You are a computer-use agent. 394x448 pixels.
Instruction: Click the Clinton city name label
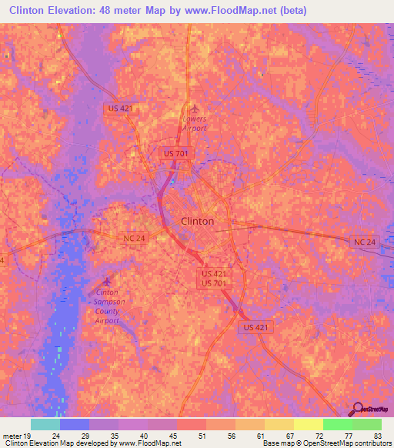(197, 221)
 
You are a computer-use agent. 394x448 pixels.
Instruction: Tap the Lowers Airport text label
(195, 123)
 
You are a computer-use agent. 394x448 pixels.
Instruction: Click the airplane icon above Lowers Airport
(195, 109)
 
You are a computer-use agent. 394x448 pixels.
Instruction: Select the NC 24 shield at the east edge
(365, 242)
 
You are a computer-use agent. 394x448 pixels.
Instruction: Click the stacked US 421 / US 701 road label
(216, 278)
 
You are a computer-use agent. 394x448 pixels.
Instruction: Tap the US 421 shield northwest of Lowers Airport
(121, 109)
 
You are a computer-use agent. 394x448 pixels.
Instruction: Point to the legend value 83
(377, 435)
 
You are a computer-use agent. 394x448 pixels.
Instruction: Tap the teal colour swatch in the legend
(45, 424)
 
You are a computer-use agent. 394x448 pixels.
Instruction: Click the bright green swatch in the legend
(367, 424)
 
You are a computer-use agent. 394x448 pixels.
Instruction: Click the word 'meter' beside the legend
(11, 435)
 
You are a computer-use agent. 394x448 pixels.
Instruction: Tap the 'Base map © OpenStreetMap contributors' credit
(324, 443)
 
